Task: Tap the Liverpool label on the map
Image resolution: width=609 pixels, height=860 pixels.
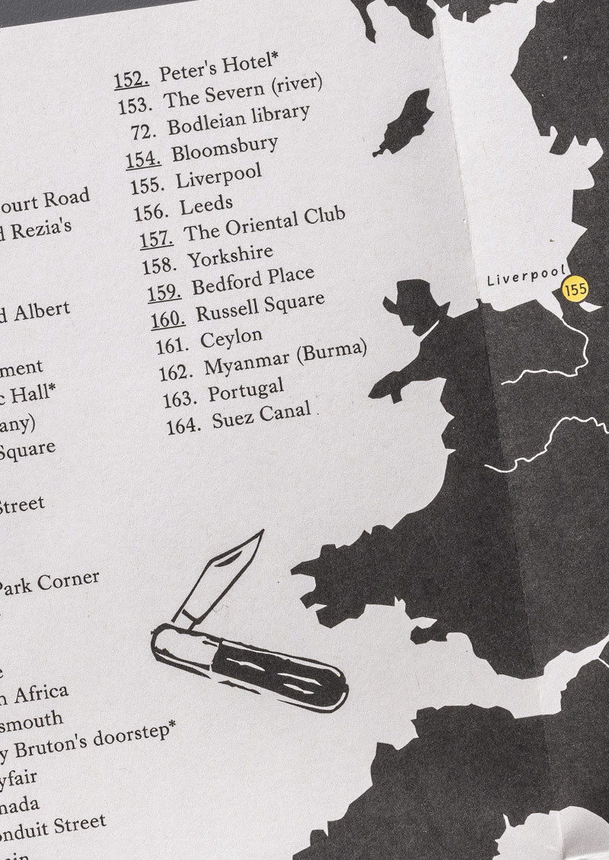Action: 526,276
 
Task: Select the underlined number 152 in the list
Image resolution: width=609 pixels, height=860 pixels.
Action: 130,78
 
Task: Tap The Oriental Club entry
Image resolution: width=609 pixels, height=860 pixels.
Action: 265,222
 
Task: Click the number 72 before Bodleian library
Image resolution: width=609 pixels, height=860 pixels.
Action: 143,130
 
